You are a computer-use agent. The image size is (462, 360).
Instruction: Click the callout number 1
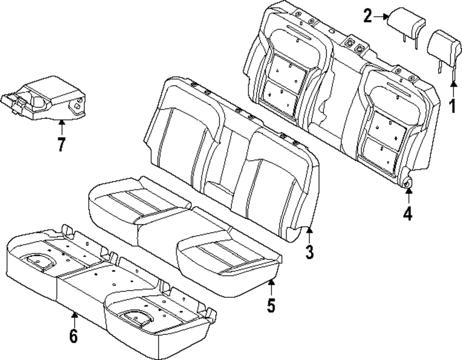tap(453, 107)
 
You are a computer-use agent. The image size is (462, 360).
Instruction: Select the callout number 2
tap(367, 17)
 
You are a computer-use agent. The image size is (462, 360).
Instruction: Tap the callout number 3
tap(309, 252)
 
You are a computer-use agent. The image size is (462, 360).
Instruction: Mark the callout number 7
tap(61, 144)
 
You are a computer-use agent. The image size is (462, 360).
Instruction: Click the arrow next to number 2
tap(381, 17)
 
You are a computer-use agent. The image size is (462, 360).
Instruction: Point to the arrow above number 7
tap(61, 127)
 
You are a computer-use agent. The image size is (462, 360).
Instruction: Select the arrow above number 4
tap(407, 196)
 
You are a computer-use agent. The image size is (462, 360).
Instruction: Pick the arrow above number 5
tap(271, 286)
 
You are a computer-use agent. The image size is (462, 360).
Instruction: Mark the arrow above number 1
tap(453, 89)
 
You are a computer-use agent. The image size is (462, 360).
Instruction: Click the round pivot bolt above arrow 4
tap(407, 183)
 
